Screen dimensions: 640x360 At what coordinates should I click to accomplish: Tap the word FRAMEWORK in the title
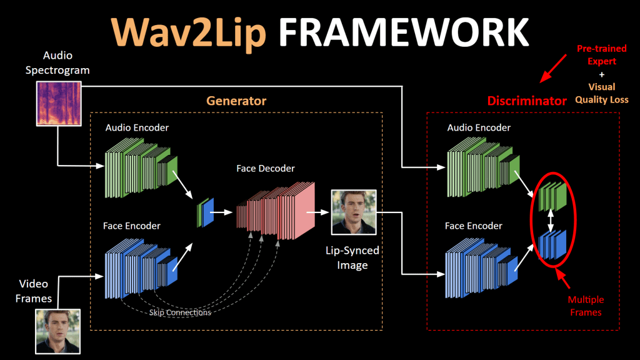click(x=404, y=32)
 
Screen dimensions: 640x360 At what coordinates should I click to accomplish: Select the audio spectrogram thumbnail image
click(x=59, y=104)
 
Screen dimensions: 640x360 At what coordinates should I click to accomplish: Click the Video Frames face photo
click(x=58, y=331)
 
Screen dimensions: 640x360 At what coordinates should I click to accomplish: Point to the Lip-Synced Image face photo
click(x=354, y=212)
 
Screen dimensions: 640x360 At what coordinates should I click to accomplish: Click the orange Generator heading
click(x=236, y=101)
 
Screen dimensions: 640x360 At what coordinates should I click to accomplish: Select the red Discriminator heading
click(x=527, y=101)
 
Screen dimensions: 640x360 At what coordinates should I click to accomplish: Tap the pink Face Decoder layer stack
click(x=276, y=211)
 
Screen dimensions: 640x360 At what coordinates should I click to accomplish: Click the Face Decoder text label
click(x=265, y=168)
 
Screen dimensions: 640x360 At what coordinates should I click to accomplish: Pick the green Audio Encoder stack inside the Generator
click(x=141, y=167)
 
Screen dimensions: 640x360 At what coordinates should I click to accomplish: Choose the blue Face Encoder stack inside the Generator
click(x=141, y=268)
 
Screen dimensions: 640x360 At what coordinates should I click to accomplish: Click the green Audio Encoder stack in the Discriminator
click(x=483, y=167)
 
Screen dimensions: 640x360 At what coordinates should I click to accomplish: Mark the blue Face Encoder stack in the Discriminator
click(x=482, y=267)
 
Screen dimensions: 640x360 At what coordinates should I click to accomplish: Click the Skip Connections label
click(x=180, y=312)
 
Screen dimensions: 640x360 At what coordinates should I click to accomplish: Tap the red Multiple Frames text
click(x=586, y=306)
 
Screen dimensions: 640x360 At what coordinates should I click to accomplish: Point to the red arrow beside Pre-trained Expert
click(x=553, y=69)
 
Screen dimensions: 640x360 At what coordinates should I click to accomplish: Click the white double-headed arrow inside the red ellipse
click(x=551, y=221)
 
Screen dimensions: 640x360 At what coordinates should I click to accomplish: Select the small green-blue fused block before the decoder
click(x=205, y=212)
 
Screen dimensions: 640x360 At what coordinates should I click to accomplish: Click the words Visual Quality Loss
click(x=602, y=93)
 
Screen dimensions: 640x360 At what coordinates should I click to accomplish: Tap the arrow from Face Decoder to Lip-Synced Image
click(x=317, y=212)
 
